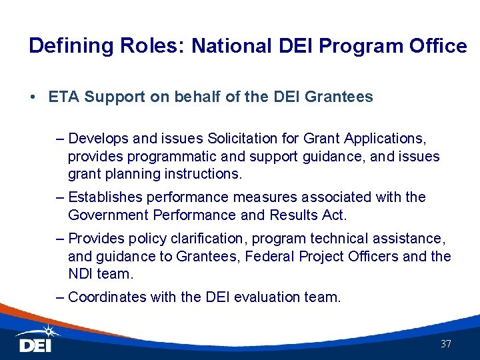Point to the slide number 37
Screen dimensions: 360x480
point(446,344)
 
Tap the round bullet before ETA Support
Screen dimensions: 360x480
point(33,97)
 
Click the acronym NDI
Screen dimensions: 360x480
point(81,274)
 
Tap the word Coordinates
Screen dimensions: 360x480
point(108,297)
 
